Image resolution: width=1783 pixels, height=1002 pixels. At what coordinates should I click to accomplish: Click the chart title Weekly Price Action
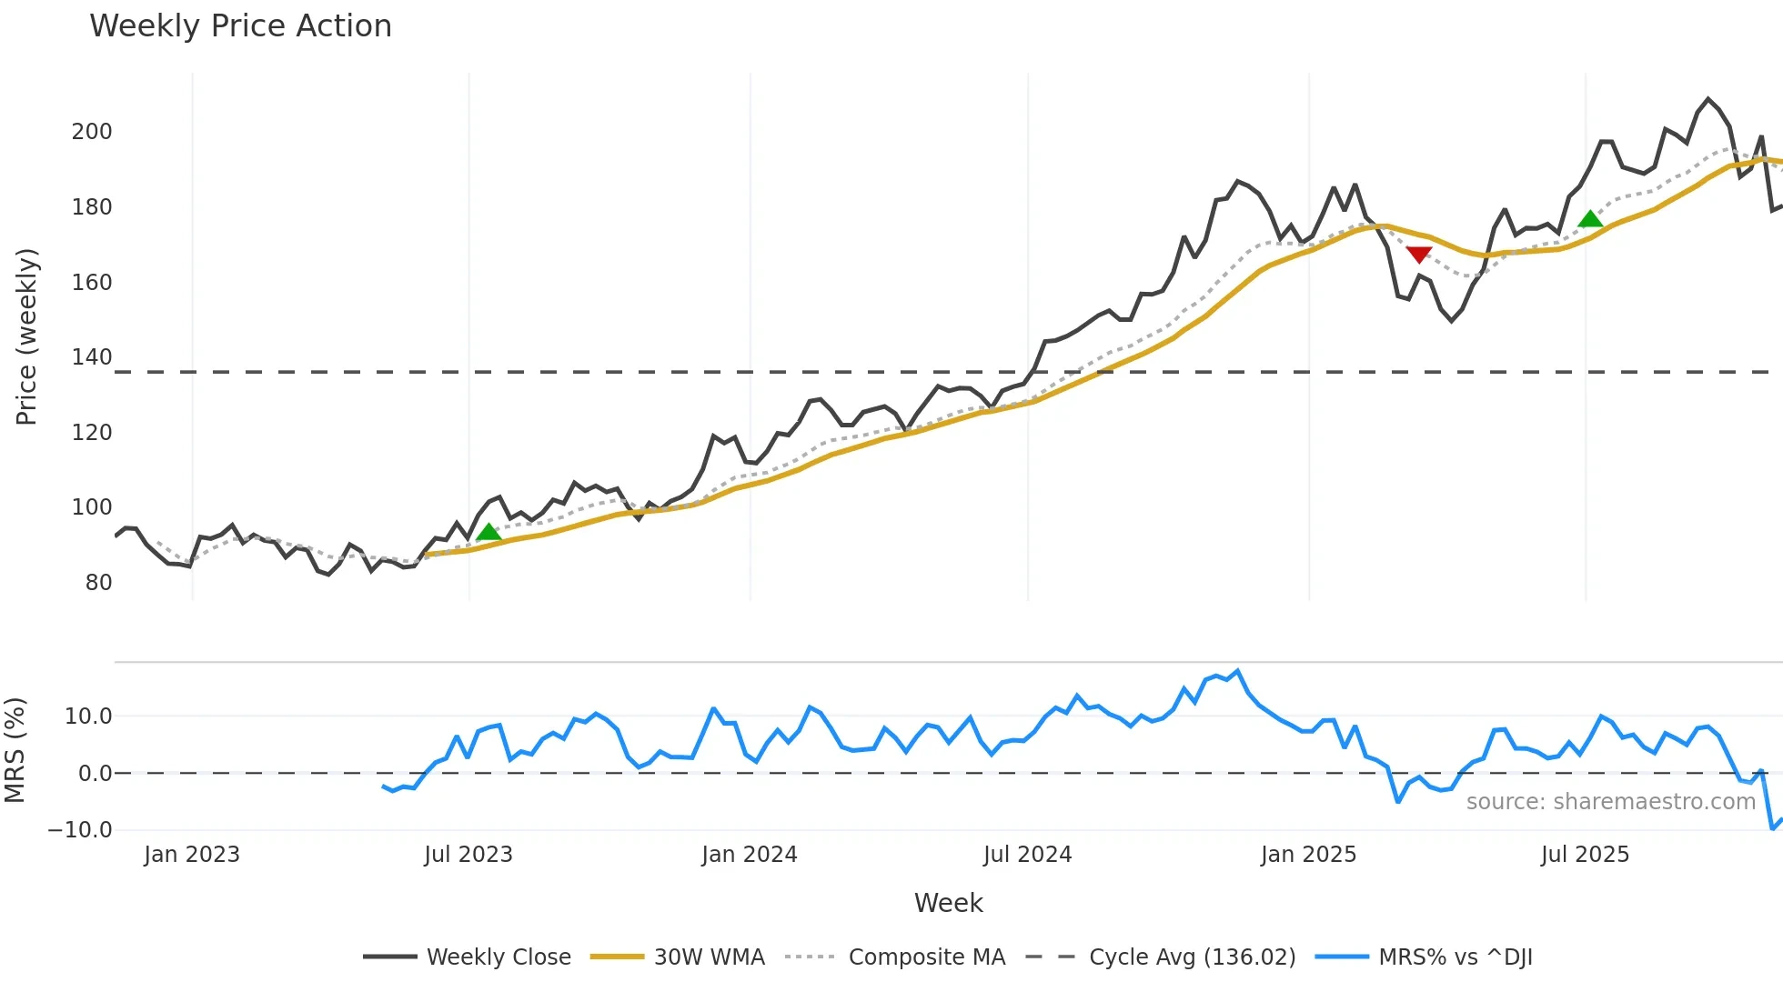(x=240, y=26)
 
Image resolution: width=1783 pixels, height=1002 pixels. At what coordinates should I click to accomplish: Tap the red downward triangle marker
(x=1419, y=255)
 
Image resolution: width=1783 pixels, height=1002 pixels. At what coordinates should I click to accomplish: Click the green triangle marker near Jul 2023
(x=489, y=532)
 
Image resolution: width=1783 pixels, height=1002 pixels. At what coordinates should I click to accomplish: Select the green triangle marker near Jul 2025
(x=1590, y=218)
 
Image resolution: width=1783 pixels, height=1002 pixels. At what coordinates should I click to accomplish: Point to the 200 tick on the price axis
(x=92, y=132)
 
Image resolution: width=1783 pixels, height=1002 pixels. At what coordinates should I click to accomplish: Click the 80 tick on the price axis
(x=98, y=583)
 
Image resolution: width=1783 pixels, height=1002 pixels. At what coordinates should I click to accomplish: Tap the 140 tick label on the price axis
(x=92, y=357)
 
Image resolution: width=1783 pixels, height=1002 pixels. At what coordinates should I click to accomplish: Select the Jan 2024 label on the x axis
(x=749, y=855)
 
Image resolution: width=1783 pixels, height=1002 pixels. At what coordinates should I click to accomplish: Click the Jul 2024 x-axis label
(x=1027, y=855)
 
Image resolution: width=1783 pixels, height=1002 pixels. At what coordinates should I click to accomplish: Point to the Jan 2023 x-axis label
(x=191, y=855)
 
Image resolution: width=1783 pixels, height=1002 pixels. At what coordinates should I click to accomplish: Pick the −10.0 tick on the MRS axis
(x=80, y=830)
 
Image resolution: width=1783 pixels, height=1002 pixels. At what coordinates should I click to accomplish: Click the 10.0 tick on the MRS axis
(x=88, y=716)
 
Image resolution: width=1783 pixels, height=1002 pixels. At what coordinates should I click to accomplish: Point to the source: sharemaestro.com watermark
(x=1610, y=802)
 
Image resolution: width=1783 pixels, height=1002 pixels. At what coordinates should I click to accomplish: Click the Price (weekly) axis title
(x=26, y=336)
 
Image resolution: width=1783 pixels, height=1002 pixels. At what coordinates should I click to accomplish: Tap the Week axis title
(x=948, y=903)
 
